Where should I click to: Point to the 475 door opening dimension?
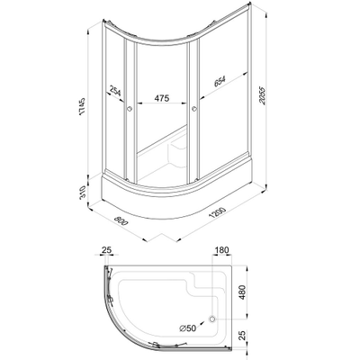[162, 98]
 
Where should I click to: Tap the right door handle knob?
[192, 109]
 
